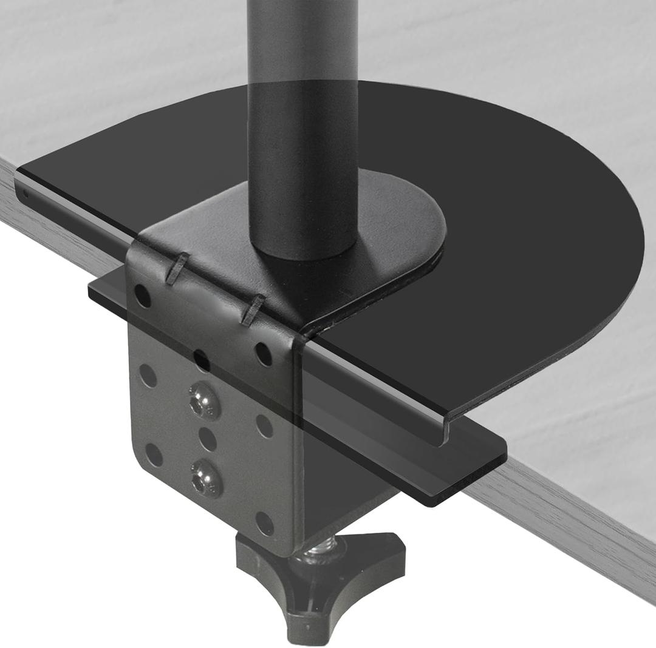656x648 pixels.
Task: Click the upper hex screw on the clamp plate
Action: coord(204,401)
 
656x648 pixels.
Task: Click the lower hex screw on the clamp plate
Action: coord(205,477)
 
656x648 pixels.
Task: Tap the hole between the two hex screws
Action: coord(207,439)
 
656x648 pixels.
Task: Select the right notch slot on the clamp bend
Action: coord(252,310)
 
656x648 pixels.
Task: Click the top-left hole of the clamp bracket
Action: coord(142,295)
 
